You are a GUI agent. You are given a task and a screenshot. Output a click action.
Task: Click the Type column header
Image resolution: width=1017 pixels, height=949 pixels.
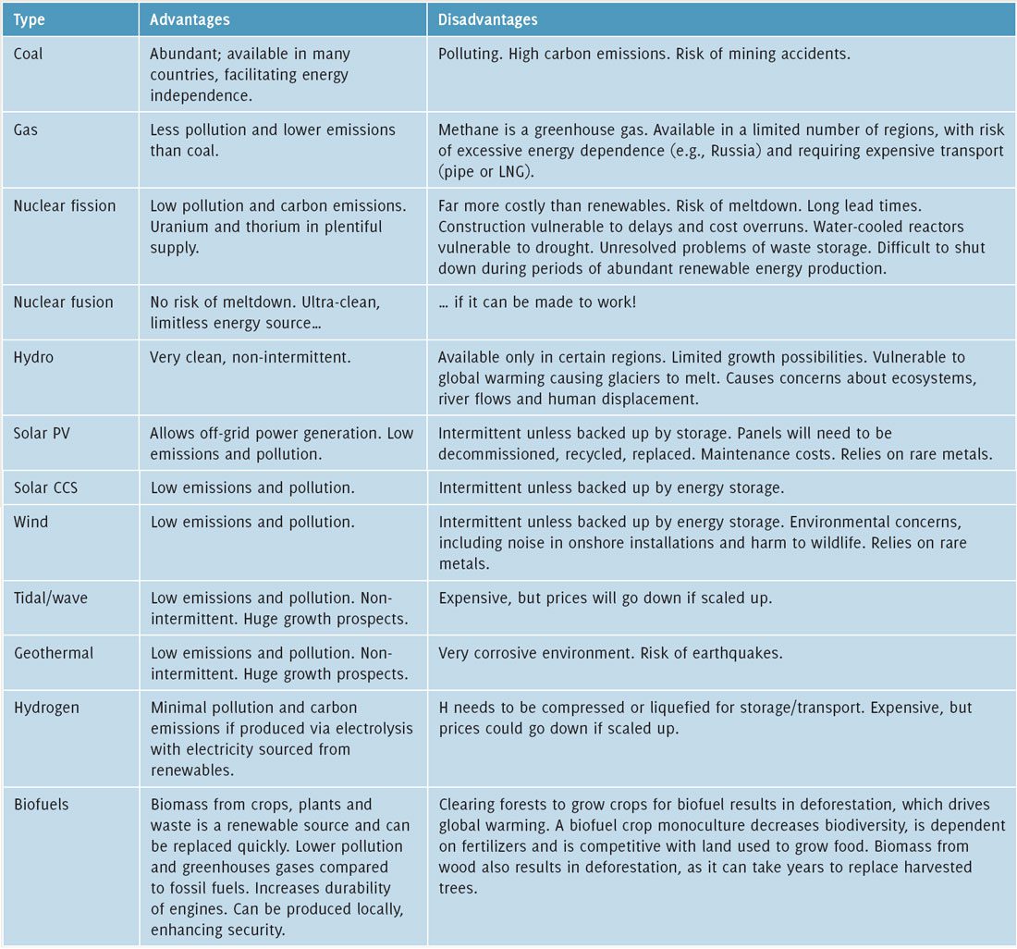[30, 19]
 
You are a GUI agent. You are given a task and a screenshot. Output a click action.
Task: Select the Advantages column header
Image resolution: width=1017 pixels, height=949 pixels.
[190, 19]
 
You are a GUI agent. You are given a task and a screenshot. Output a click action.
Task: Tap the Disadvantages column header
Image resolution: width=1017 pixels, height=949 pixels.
[487, 19]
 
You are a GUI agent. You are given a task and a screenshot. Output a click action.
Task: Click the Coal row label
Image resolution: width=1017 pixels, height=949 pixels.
[29, 54]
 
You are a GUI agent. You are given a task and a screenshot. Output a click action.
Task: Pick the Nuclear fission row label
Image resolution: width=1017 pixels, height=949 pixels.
[65, 205]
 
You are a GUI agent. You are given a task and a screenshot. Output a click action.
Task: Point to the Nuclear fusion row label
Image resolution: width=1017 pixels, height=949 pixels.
[63, 302]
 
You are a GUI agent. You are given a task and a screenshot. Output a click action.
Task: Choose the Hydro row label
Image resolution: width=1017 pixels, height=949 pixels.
[33, 357]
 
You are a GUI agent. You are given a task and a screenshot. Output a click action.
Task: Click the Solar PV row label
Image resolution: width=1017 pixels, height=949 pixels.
[42, 433]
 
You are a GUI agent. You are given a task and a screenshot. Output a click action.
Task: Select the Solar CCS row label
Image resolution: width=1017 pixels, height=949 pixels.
[45, 487]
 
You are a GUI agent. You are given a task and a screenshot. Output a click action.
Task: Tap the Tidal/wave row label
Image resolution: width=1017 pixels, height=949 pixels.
[51, 598]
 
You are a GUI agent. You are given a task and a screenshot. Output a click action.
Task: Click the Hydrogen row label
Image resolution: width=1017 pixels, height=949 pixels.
[46, 708]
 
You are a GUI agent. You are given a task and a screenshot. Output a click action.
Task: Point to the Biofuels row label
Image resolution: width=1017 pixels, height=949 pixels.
[42, 804]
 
